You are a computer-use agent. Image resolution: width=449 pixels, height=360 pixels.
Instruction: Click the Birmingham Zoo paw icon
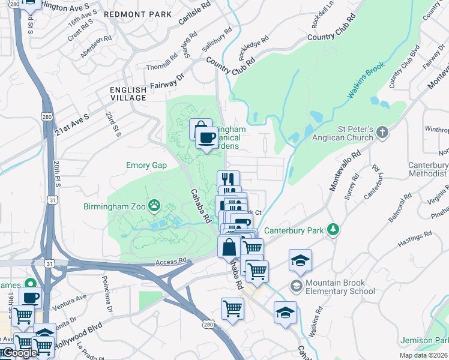click(155, 206)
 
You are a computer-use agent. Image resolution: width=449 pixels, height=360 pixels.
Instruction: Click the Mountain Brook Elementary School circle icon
click(296, 286)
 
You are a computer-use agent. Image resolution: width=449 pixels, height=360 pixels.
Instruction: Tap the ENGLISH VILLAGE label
click(128, 94)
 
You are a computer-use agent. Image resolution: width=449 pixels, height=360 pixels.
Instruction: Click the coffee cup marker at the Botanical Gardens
click(206, 137)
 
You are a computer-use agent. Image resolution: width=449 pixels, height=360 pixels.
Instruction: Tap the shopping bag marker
click(229, 247)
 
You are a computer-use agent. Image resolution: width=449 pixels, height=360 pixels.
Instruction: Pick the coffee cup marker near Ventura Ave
click(30, 297)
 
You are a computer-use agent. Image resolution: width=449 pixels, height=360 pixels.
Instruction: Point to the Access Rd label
click(171, 262)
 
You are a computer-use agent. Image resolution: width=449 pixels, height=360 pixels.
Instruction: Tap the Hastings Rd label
click(415, 240)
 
